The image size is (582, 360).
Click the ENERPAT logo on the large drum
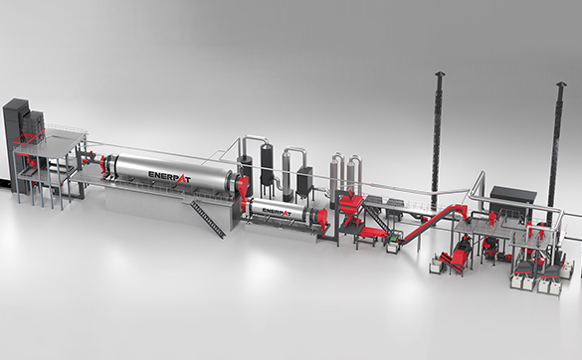point(169,177)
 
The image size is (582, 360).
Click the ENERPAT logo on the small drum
point(277,212)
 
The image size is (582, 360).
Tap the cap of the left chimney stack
point(440,74)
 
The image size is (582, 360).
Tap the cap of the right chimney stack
point(561,85)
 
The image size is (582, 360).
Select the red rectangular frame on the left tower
point(30,136)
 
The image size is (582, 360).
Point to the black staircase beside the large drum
point(208,219)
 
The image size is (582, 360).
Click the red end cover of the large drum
point(243,187)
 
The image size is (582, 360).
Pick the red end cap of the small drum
point(323,219)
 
